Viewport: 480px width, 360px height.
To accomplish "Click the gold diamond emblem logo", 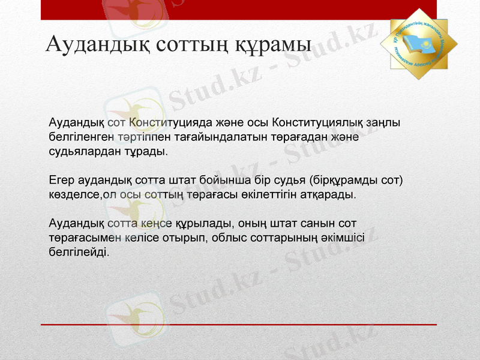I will pyautogui.click(x=419, y=43).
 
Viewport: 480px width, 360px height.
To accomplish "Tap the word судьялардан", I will pyautogui.click(x=82, y=151).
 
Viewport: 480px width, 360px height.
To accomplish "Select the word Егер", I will pyautogui.click(x=62, y=181).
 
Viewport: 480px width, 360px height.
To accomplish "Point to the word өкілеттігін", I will pyautogui.click(x=275, y=195).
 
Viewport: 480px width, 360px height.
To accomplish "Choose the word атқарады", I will pyautogui.click(x=331, y=195).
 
